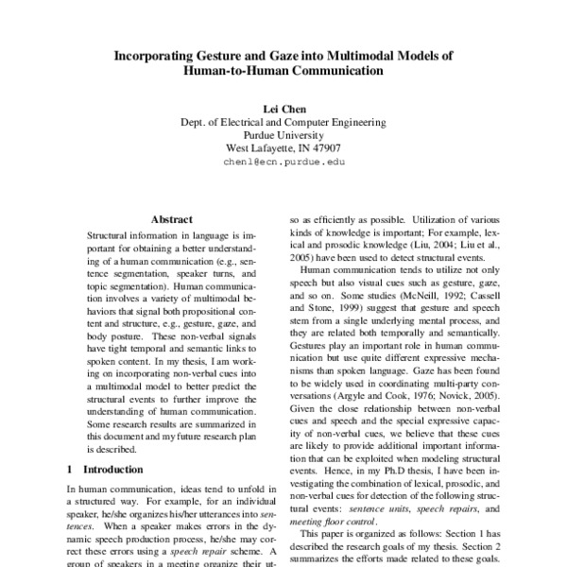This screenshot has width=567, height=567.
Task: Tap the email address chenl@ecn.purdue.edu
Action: [x=283, y=163]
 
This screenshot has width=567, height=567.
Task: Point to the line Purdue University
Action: [x=283, y=135]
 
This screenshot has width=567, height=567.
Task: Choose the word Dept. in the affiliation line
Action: [x=195, y=123]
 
